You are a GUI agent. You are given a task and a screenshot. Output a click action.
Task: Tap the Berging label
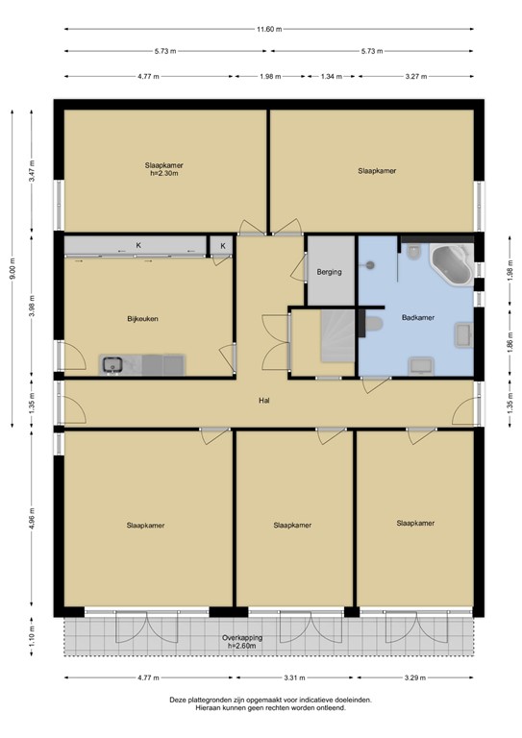(330, 272)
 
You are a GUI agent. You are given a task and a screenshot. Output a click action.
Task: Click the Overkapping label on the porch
(242, 637)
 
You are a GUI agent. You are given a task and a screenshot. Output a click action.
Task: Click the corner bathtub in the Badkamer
(450, 264)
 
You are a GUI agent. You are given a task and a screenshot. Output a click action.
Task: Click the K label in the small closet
(222, 247)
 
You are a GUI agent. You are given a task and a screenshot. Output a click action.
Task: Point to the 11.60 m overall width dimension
(268, 29)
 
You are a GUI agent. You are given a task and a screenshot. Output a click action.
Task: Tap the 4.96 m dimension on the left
(32, 519)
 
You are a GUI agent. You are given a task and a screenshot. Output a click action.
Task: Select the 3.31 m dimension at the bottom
(293, 678)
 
